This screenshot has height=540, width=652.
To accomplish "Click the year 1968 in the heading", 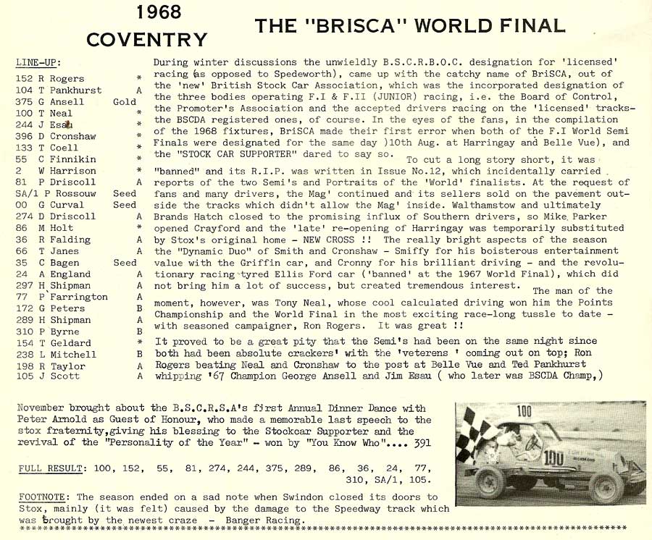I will click(x=159, y=12).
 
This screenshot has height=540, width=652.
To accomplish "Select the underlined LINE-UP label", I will click(x=38, y=62).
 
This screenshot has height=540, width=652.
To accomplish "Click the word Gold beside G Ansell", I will click(x=125, y=102).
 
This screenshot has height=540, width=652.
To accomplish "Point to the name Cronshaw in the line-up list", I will click(x=72, y=137).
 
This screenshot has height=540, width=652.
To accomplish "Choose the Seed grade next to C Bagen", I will click(x=125, y=263).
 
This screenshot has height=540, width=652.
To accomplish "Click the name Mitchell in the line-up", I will click(x=72, y=355).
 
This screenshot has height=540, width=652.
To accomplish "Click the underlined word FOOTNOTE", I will click(x=43, y=497).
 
